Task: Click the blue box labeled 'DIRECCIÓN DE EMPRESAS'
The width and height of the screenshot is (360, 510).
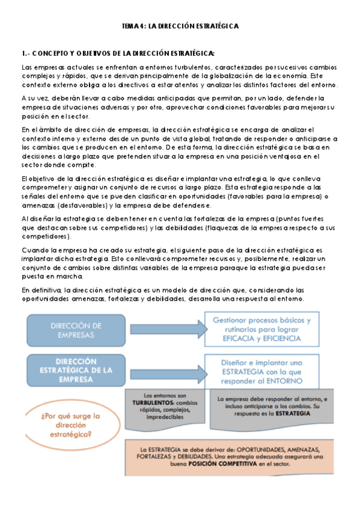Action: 76,330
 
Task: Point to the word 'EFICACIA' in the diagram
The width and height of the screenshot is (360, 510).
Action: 226,339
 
